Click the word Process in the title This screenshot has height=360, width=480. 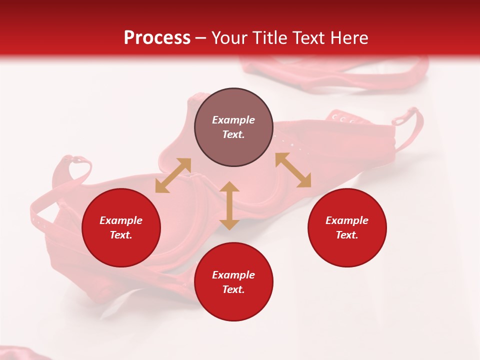[157, 38]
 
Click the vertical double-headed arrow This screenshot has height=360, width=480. [229, 205]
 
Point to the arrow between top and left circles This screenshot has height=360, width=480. [173, 175]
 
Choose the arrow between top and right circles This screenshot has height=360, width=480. [293, 170]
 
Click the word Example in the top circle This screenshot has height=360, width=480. [233, 120]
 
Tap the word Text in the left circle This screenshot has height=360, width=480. [121, 235]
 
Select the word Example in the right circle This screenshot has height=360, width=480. [347, 220]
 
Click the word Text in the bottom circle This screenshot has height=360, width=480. [233, 289]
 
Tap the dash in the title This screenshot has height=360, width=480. [200, 38]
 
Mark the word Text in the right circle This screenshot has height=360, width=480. [347, 235]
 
